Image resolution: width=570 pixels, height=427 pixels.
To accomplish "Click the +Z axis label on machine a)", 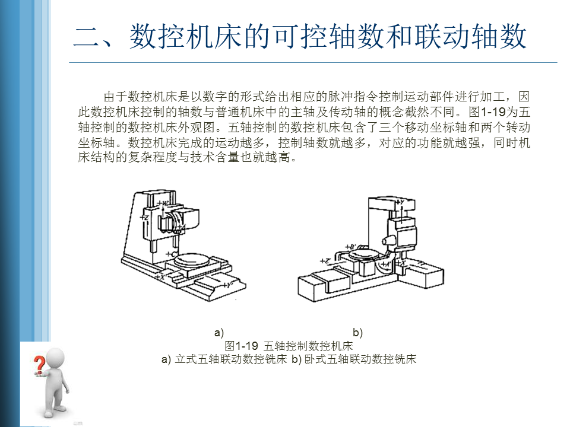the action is [145, 218].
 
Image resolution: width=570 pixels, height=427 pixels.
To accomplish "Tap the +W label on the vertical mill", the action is [163, 203].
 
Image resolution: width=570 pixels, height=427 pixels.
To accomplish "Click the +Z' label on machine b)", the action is [325, 260].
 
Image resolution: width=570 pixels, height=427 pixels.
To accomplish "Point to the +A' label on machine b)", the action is [385, 263].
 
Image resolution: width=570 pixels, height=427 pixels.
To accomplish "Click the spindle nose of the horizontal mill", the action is [385, 241].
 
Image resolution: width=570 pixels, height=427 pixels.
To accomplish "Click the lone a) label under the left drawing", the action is [218, 332].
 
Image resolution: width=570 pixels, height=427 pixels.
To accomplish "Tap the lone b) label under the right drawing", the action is [357, 332].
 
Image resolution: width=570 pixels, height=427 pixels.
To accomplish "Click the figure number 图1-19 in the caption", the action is [242, 345].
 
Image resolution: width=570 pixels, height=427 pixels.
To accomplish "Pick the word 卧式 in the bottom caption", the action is [315, 359].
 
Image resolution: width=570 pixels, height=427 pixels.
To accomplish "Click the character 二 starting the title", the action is [87, 37].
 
